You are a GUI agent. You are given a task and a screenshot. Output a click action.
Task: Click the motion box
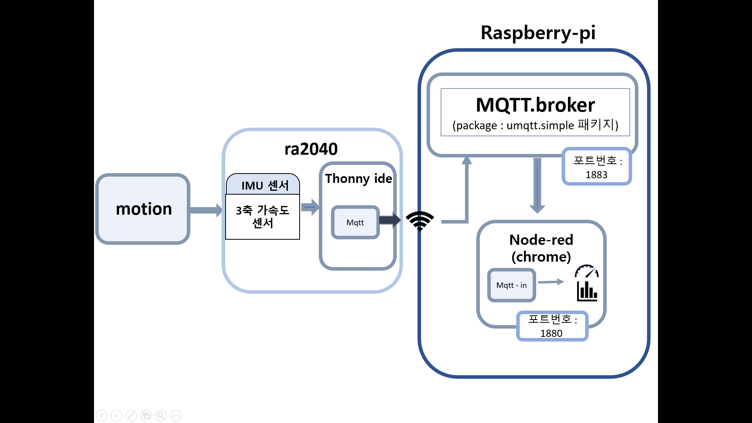(x=143, y=209)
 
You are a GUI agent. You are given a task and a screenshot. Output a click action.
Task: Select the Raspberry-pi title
(x=538, y=33)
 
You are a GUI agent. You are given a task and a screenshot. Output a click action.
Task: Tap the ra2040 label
(x=311, y=149)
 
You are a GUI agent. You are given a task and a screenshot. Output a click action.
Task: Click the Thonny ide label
(x=358, y=179)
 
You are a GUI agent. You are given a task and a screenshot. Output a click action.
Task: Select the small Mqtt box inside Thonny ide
(x=355, y=222)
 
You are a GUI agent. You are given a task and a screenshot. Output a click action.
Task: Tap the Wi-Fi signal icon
(x=420, y=221)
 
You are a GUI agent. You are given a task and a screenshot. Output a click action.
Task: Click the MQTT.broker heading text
(x=535, y=105)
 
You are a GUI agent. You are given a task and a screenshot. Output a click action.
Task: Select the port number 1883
(x=596, y=175)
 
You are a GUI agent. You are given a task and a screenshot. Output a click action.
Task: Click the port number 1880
(x=551, y=333)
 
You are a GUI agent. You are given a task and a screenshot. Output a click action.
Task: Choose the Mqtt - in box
(x=512, y=285)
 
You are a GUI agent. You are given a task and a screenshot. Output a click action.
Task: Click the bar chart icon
(x=587, y=291)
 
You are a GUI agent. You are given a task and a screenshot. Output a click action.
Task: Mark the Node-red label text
(x=541, y=240)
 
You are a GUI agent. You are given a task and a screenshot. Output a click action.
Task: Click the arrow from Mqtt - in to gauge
(x=551, y=282)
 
